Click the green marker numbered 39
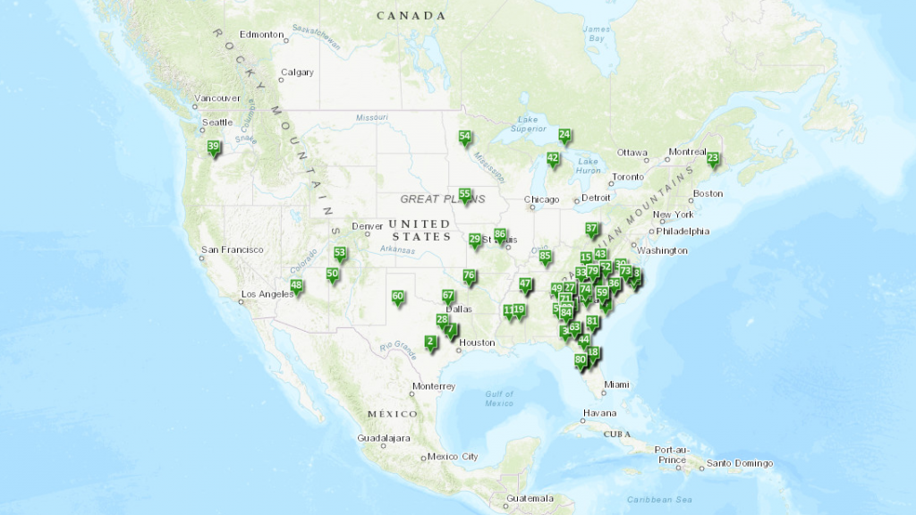pyautogui.click(x=213, y=148)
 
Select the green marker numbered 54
pyautogui.click(x=464, y=138)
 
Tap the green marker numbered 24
pyautogui.click(x=564, y=136)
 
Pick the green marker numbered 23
pyautogui.click(x=713, y=159)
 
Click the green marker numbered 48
pyautogui.click(x=296, y=287)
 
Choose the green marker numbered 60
pyautogui.click(x=398, y=297)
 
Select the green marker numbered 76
pyautogui.click(x=469, y=276)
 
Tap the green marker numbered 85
pyautogui.click(x=545, y=257)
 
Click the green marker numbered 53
pyautogui.click(x=339, y=254)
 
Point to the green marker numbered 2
pyautogui.click(x=430, y=342)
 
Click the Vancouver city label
pyautogui.click(x=217, y=97)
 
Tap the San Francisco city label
pyautogui.click(x=232, y=249)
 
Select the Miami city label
pyautogui.click(x=615, y=384)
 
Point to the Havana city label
pyautogui.click(x=599, y=413)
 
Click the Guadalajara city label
pyautogui.click(x=382, y=439)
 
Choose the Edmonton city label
pyautogui.click(x=261, y=35)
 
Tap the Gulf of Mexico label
pyautogui.click(x=499, y=399)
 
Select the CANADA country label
pyautogui.click(x=411, y=15)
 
